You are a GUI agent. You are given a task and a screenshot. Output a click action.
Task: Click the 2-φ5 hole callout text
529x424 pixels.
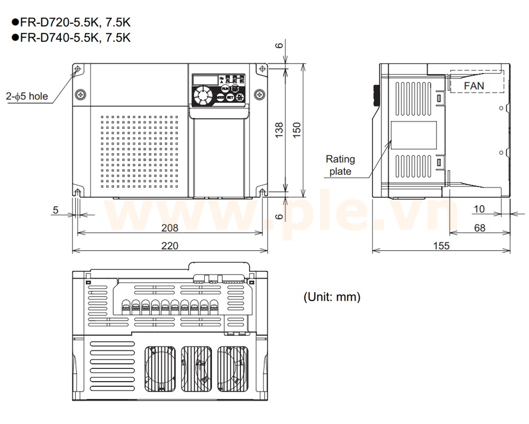[x=27, y=96]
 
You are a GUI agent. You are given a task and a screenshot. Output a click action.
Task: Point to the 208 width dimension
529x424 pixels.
[x=170, y=227]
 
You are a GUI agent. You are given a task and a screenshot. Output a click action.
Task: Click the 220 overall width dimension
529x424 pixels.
[x=170, y=245]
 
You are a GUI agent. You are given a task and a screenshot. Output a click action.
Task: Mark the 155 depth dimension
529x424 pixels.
[x=441, y=245]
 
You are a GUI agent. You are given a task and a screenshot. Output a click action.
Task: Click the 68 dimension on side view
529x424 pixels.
[x=479, y=228]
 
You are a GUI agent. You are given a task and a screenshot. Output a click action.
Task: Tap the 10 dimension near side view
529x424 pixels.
[x=479, y=209]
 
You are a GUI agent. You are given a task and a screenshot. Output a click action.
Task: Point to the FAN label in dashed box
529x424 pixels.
[x=473, y=85]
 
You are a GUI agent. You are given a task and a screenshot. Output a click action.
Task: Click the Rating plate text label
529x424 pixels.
[x=340, y=165]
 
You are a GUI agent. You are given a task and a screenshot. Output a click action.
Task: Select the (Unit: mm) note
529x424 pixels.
[x=332, y=297]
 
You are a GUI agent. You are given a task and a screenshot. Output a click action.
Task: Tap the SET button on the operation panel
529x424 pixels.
[x=230, y=98]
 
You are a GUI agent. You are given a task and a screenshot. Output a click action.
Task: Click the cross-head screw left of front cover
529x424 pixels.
[x=80, y=94]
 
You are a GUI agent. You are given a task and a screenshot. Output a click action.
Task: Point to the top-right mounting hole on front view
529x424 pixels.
[x=261, y=69]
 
